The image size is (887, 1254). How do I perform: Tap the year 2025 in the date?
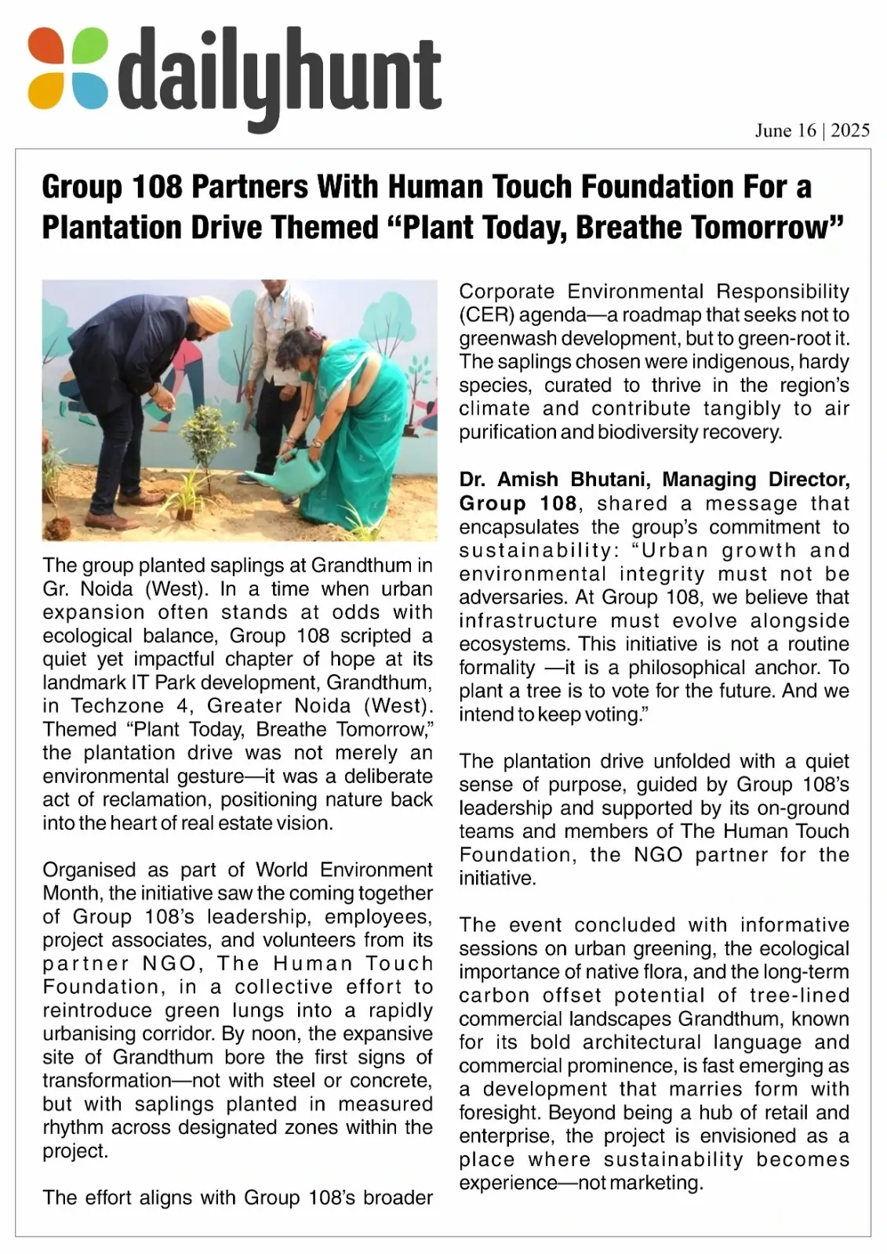point(850,130)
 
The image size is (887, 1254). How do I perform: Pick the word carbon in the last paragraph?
point(494,996)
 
